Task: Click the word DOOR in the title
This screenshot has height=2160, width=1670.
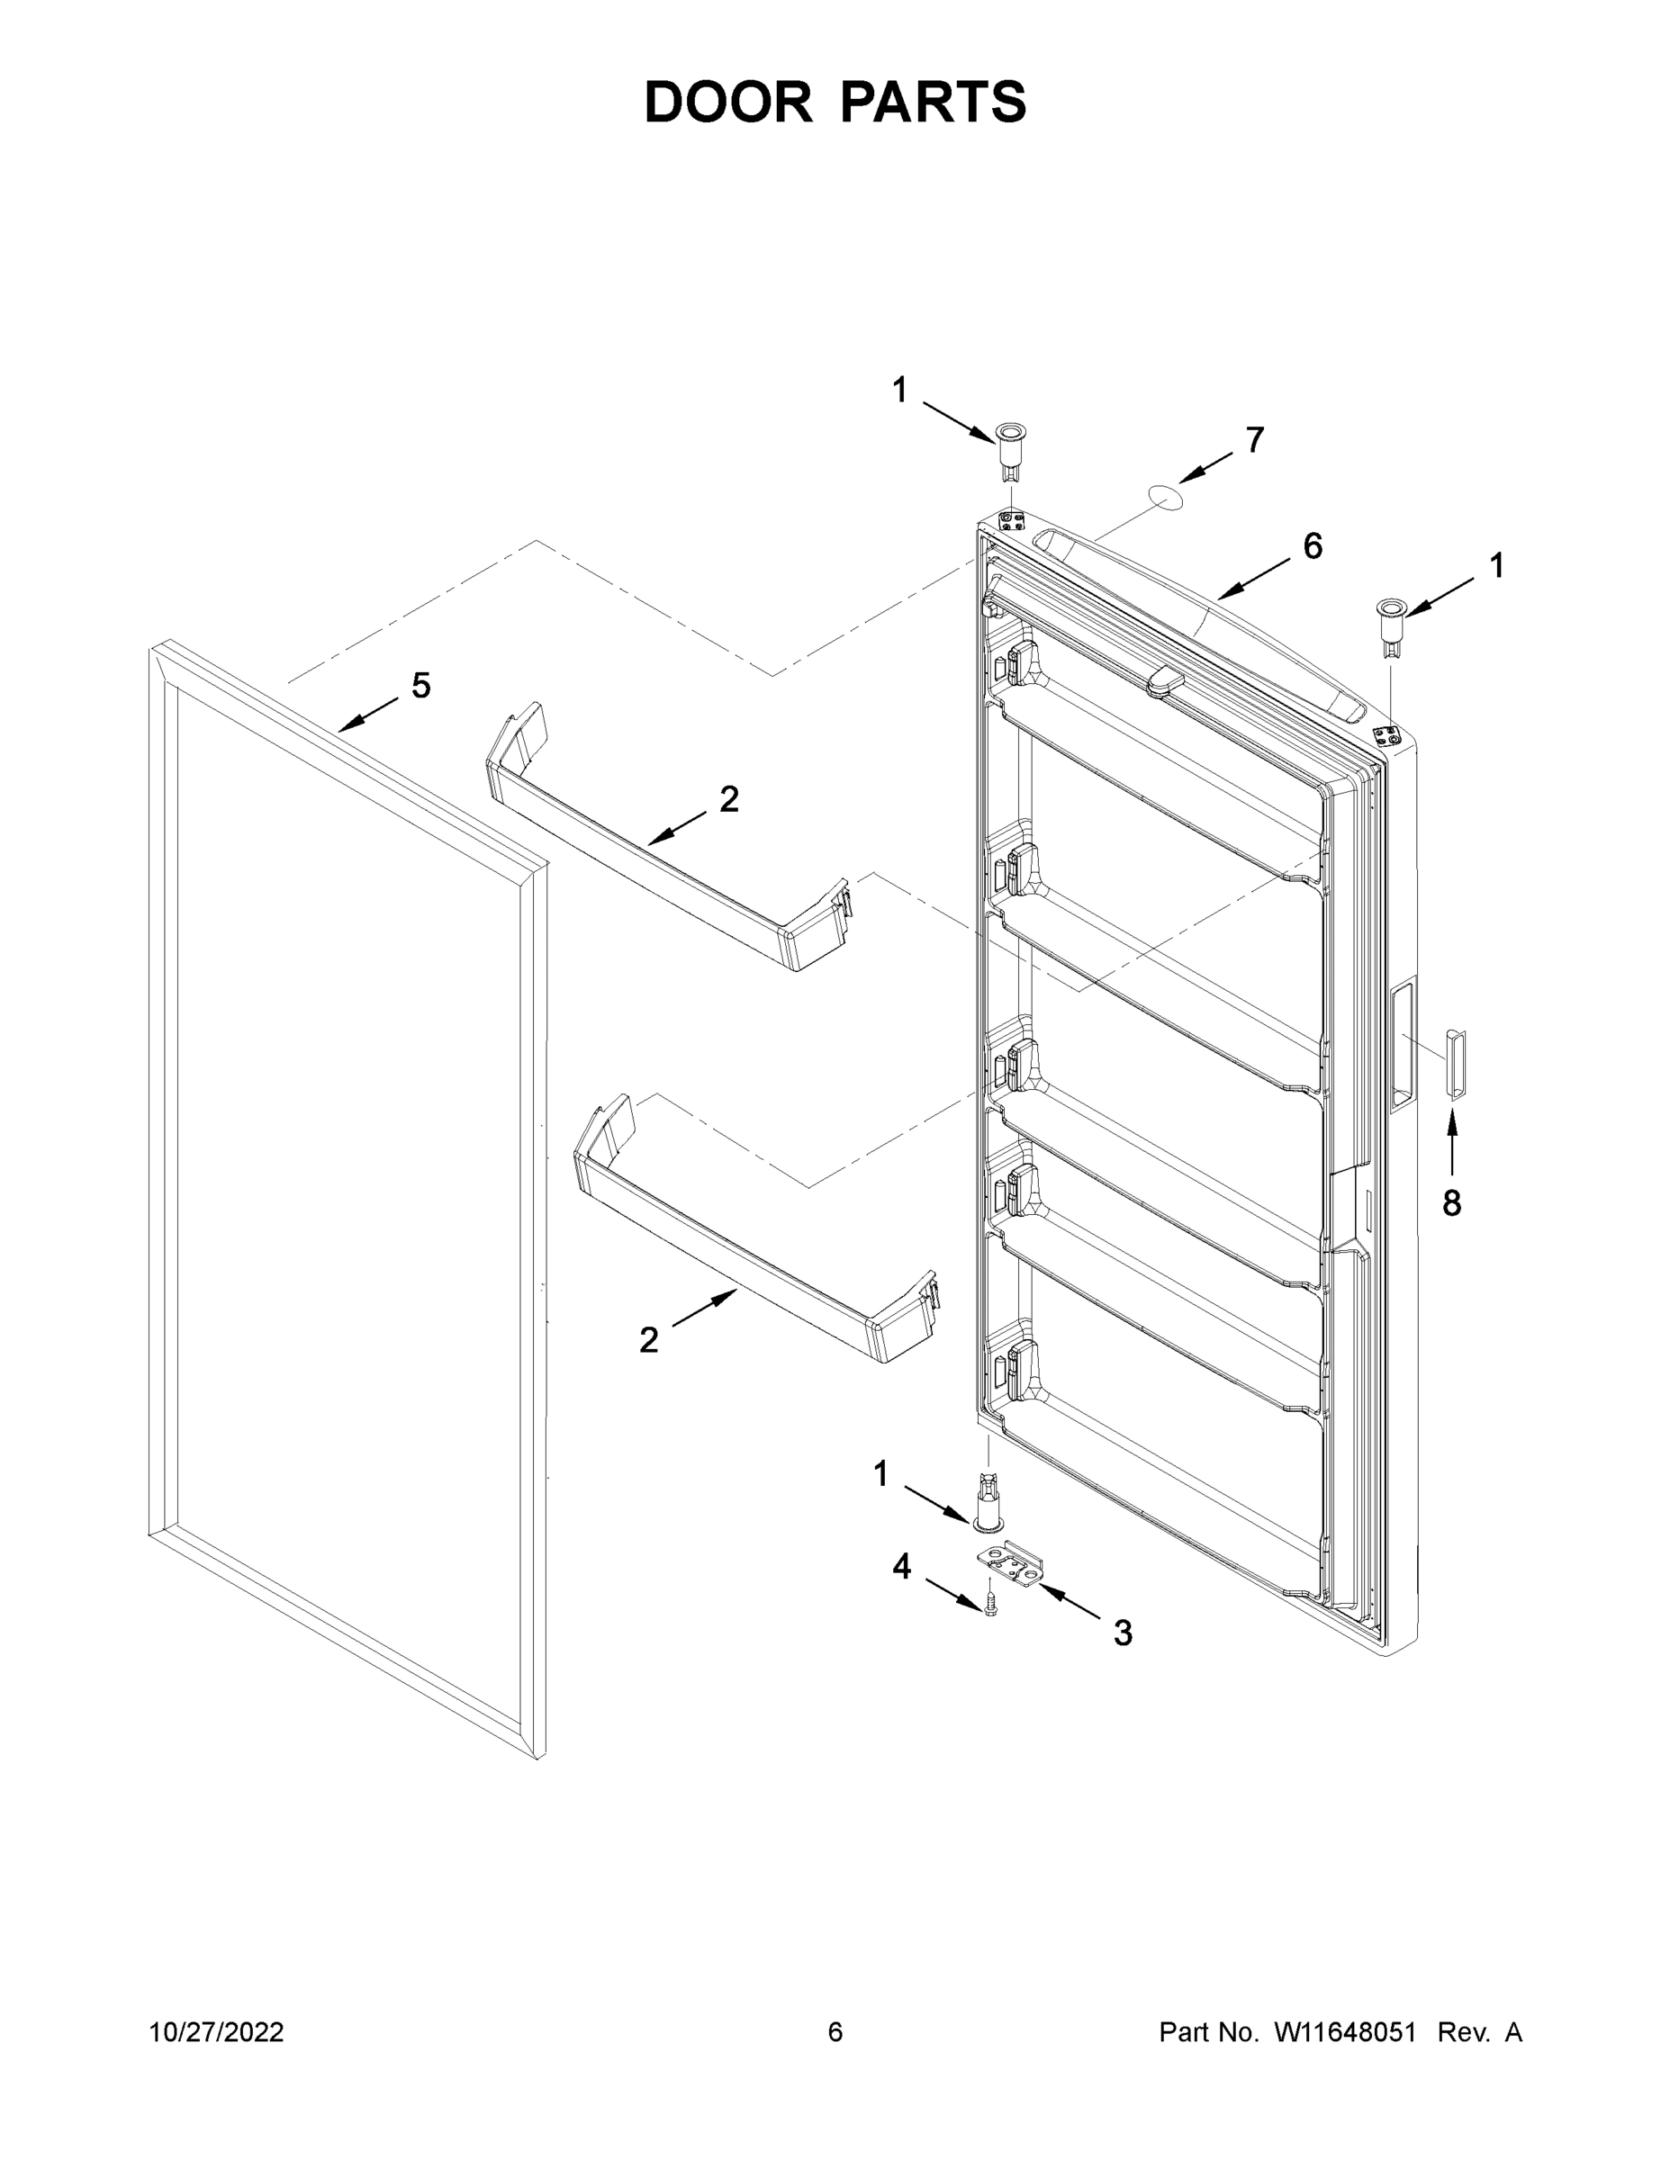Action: coord(727,102)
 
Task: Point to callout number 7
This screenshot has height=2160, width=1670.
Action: coord(1254,440)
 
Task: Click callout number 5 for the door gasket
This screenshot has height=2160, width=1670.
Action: coord(421,686)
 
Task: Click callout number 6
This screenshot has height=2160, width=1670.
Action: coord(1312,546)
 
